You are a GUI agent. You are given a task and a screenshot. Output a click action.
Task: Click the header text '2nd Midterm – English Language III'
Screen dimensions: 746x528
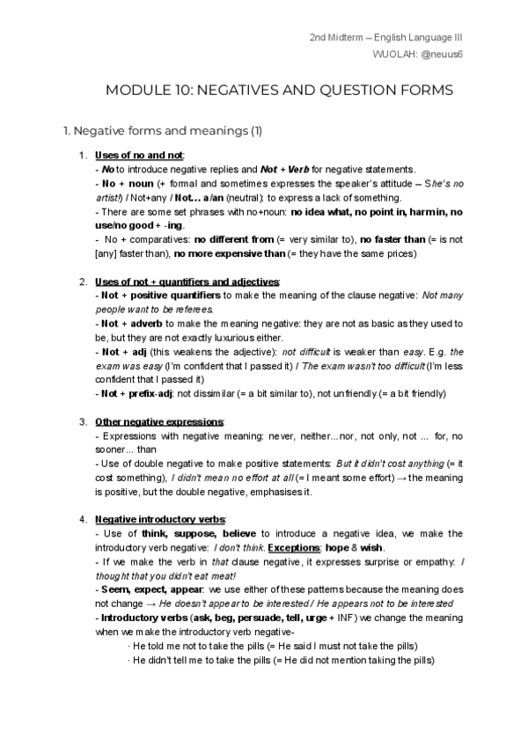coord(387,38)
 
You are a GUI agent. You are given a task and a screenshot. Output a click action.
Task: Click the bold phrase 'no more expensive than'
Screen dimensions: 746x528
coord(222,253)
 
